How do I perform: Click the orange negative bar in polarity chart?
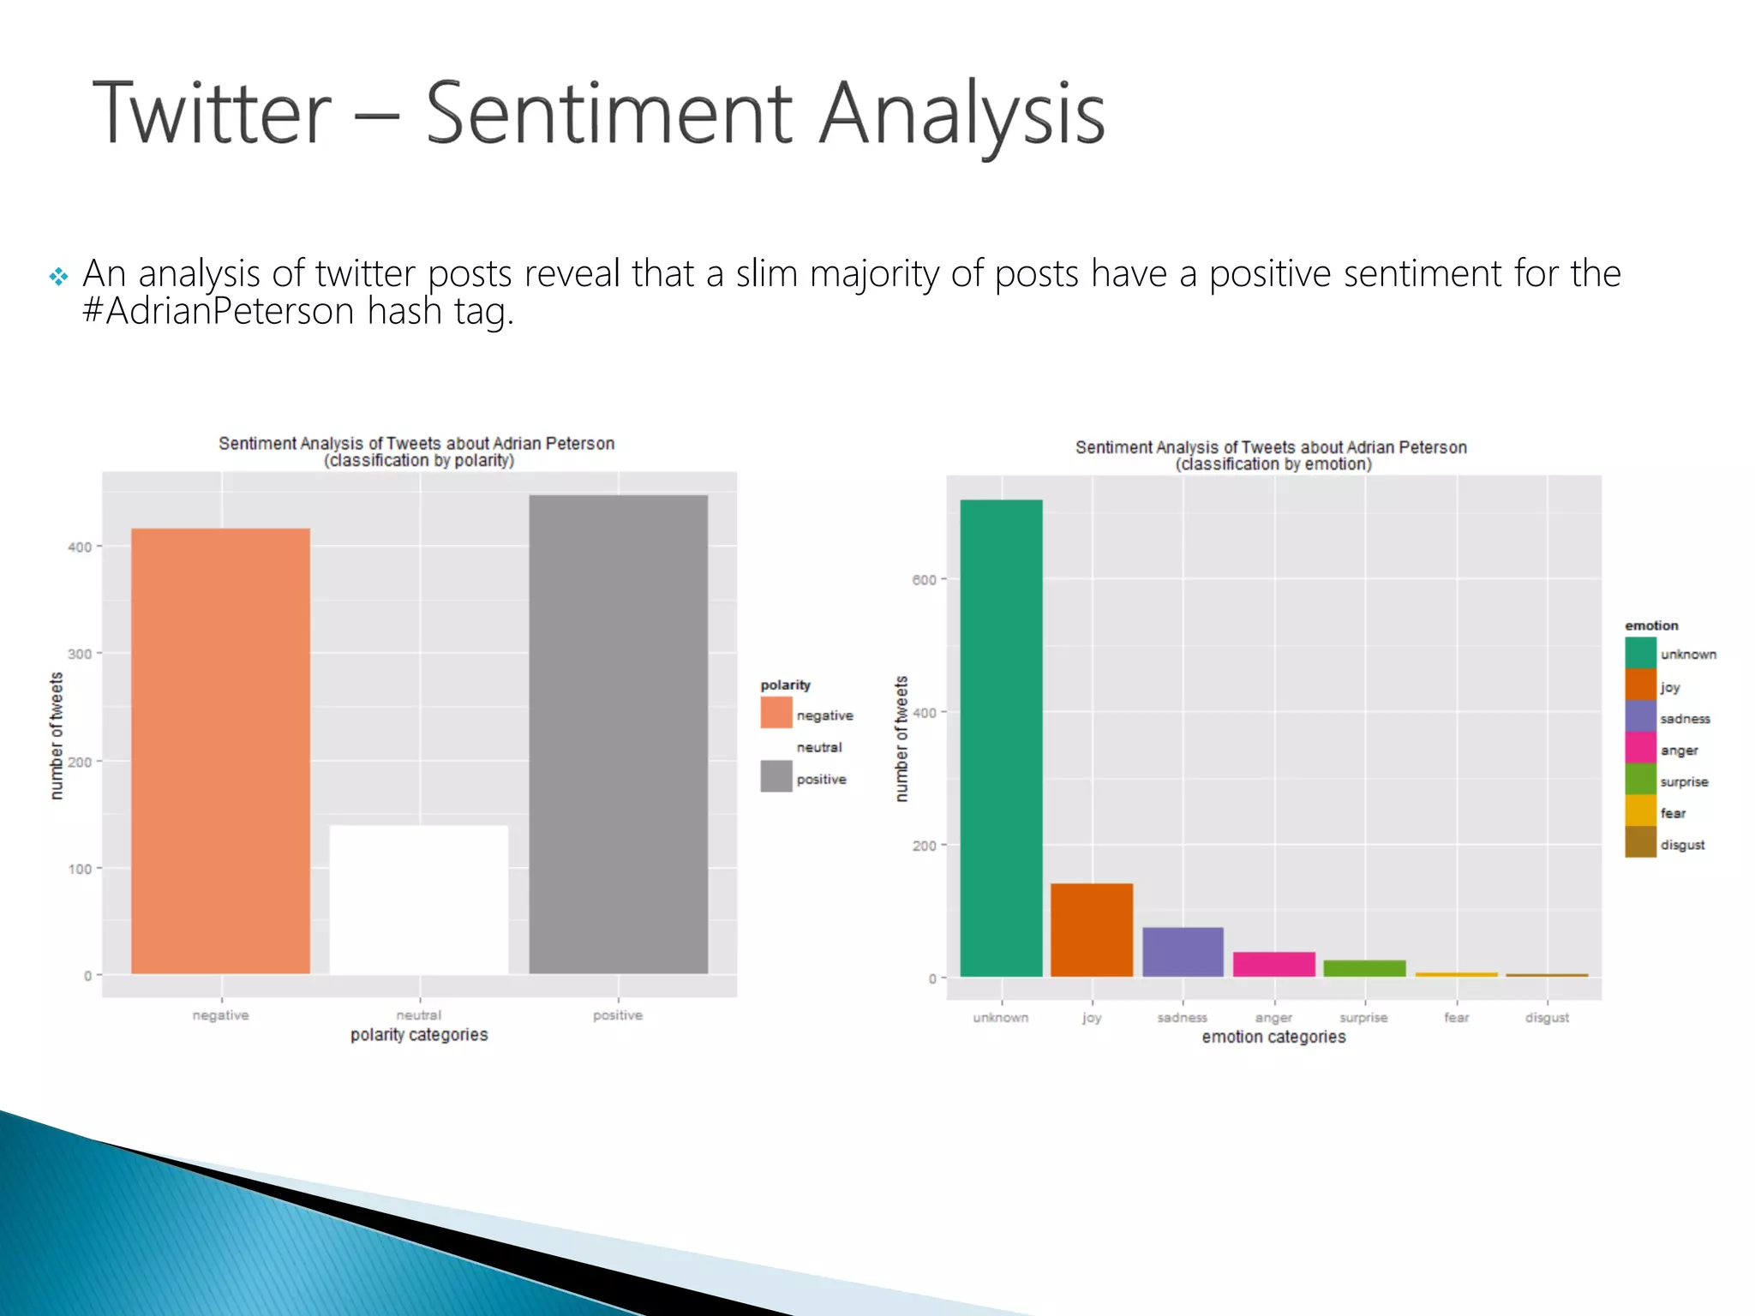click(220, 751)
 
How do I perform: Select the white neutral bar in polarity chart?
click(419, 900)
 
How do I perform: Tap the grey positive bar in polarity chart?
click(618, 734)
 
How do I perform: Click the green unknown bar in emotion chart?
click(1001, 738)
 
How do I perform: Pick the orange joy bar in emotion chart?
click(1092, 930)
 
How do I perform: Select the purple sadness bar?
click(1183, 952)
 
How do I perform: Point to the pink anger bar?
click(1273, 964)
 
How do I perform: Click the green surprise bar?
click(1364, 968)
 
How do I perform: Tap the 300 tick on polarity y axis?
click(80, 654)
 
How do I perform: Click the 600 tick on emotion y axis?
click(924, 580)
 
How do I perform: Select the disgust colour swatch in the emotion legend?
click(1640, 842)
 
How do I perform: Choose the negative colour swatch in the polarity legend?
click(776, 713)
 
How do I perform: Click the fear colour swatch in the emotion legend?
click(1640, 811)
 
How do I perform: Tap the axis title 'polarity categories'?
click(419, 1035)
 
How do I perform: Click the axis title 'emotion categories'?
click(1273, 1038)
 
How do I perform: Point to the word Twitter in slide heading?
click(212, 113)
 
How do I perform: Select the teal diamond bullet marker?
click(58, 277)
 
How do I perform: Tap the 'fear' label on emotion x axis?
click(1456, 1018)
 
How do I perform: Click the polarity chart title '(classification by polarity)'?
click(419, 461)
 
